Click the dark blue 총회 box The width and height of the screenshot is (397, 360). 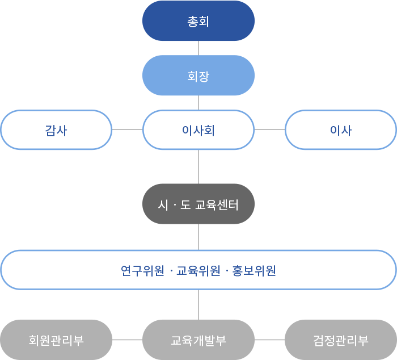point(198,21)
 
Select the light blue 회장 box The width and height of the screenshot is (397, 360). point(198,76)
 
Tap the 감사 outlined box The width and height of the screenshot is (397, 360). point(56,130)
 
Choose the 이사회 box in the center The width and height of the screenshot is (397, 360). point(198,130)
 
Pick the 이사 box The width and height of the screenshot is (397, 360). point(341,130)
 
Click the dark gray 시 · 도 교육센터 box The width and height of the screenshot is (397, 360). point(198,204)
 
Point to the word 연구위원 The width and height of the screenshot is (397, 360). point(142,271)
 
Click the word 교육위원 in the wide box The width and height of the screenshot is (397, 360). point(198,271)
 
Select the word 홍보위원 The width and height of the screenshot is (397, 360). point(254,271)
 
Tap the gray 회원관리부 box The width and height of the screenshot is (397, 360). point(56,340)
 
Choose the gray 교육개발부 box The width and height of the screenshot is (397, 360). point(198,340)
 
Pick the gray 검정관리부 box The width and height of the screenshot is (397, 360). point(341,340)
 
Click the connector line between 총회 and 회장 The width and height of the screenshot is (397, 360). point(198,48)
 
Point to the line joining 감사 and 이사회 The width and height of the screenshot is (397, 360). point(128,129)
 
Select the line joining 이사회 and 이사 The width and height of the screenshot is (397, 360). point(269,129)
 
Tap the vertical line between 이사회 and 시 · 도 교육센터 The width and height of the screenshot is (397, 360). point(198,167)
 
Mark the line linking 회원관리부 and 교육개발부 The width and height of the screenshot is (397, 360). point(128,340)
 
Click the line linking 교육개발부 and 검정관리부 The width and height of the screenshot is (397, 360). point(269,340)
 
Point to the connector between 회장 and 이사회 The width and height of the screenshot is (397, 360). point(198,103)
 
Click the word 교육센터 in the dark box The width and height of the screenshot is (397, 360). point(217,205)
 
